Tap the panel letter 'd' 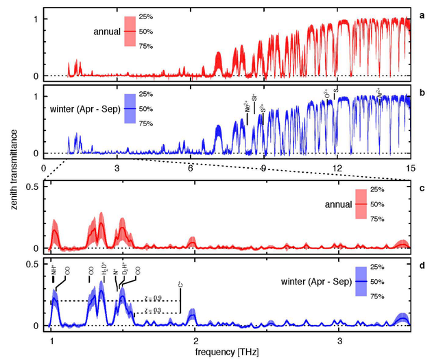point(422,265)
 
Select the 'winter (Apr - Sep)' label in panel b point(84,109)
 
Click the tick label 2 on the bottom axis point(195,339)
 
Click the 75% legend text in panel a point(145,46)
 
